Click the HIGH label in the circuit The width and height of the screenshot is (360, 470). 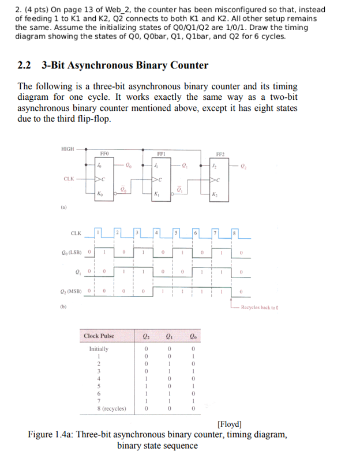tap(68, 149)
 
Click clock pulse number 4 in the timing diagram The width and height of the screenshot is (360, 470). tap(157, 233)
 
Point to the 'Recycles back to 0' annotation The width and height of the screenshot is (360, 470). tap(260, 307)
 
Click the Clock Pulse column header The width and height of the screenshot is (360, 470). tap(99, 336)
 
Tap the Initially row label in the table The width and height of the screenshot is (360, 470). tap(99, 349)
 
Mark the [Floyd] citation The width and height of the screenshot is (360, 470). tap(229, 424)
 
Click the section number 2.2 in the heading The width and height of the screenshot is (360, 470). tap(24, 65)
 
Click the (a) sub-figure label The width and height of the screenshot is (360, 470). tap(63, 205)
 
